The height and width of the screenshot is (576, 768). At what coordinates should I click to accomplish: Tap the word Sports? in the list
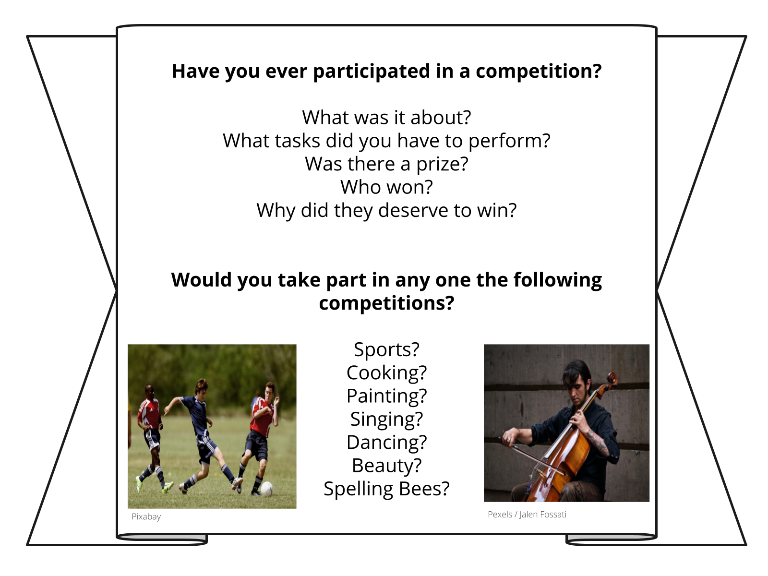click(x=386, y=349)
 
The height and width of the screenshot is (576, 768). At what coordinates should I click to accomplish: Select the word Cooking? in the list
click(x=386, y=373)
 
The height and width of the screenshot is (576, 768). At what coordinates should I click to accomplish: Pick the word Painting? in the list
click(x=386, y=396)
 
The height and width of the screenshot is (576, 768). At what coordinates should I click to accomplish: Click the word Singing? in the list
click(x=386, y=419)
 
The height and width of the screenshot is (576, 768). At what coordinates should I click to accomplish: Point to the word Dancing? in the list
click(x=386, y=443)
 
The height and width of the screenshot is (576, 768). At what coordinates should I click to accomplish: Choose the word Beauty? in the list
click(x=386, y=466)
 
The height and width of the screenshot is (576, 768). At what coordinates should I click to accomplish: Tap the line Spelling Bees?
click(x=386, y=489)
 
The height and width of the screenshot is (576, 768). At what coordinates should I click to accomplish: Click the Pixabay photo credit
click(x=146, y=516)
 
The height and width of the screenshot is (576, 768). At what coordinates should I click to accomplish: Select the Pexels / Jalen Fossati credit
click(x=527, y=515)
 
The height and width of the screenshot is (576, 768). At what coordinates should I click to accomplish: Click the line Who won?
click(x=386, y=187)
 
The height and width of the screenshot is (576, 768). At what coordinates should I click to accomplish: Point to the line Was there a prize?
click(x=386, y=164)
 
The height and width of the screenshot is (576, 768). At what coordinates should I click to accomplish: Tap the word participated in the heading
click(x=372, y=72)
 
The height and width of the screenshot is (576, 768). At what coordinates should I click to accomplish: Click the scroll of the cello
click(x=612, y=379)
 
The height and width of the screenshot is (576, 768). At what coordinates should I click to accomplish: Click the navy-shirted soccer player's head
click(x=202, y=387)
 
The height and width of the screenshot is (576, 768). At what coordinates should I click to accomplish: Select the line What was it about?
click(x=386, y=118)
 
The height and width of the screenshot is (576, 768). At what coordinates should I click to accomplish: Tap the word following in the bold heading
click(x=558, y=280)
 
